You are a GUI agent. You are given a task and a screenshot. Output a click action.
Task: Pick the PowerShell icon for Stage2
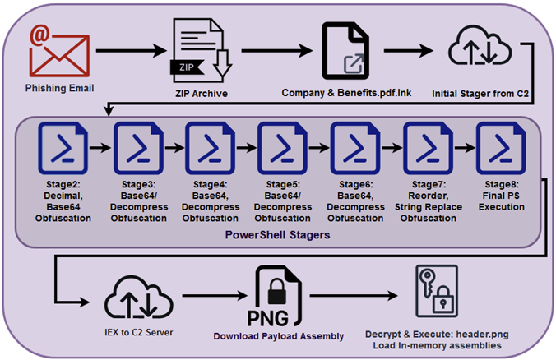point(60,147)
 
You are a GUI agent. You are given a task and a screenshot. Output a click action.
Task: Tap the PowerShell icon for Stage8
point(498,147)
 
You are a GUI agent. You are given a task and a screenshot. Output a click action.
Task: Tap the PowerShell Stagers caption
point(277,236)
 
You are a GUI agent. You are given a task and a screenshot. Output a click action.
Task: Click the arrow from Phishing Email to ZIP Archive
point(123,52)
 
